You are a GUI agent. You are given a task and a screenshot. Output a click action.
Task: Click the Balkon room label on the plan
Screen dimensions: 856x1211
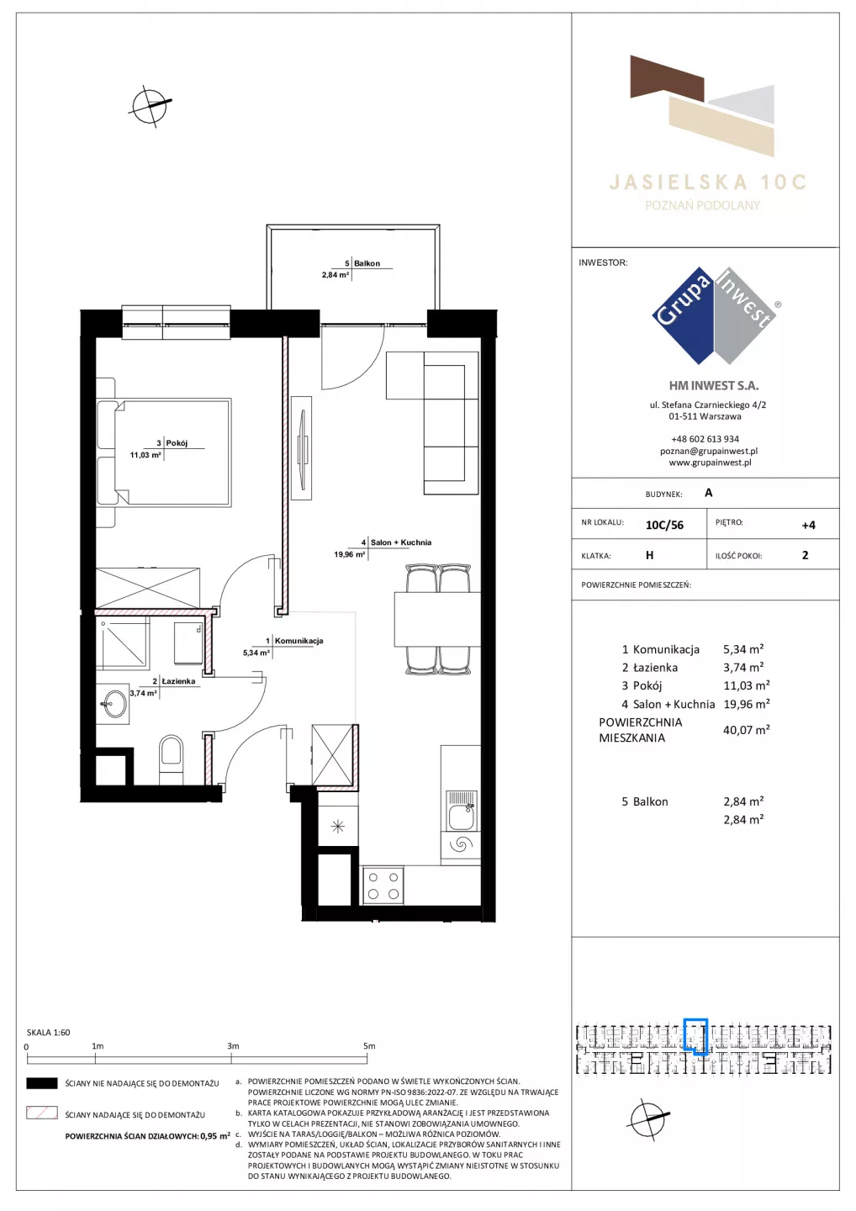tap(367, 263)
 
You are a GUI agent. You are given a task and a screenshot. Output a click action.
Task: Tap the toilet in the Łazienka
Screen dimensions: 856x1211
tap(172, 759)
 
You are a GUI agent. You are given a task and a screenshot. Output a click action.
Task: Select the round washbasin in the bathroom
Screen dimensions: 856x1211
tap(114, 703)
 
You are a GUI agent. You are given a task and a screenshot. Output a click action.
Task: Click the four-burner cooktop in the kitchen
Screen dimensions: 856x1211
tap(383, 885)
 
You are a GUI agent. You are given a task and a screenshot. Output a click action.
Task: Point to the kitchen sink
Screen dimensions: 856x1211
tap(461, 811)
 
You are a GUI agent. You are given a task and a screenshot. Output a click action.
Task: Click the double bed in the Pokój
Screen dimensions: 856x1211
tap(164, 452)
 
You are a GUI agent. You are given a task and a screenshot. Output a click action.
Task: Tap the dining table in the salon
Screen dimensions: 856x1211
tap(437, 619)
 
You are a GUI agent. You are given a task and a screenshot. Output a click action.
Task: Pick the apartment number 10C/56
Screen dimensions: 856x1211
tap(664, 525)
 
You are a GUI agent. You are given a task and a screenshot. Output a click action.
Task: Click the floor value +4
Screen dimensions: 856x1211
tap(808, 525)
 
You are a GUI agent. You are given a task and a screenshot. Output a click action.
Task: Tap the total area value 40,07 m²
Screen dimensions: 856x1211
tap(747, 730)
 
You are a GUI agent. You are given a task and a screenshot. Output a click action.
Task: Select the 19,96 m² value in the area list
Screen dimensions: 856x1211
tap(747, 704)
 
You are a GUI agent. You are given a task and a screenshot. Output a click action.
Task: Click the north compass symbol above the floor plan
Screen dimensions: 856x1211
tap(150, 106)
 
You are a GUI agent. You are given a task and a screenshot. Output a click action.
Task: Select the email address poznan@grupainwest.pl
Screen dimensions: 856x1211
tap(709, 451)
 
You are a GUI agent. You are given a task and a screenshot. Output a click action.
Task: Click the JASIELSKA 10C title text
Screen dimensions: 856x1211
tap(707, 182)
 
